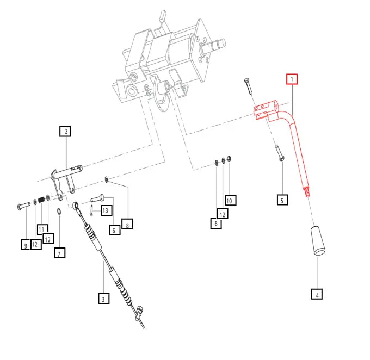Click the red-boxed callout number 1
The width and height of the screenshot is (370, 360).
(x=292, y=79)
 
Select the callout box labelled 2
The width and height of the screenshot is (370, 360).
(x=65, y=132)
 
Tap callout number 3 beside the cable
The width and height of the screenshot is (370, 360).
(x=103, y=298)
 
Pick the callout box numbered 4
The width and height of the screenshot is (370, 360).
(x=317, y=295)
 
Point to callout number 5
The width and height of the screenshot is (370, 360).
(x=281, y=200)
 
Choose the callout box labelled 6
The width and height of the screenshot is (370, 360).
(x=114, y=230)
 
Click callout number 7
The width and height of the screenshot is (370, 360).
(x=59, y=252)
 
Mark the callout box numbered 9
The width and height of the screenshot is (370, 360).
(x=26, y=245)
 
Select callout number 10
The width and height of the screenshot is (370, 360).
(x=229, y=200)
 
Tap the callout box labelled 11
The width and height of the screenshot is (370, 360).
(x=41, y=229)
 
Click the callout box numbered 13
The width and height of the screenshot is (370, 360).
(x=106, y=210)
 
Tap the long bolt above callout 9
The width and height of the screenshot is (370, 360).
(x=23, y=205)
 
